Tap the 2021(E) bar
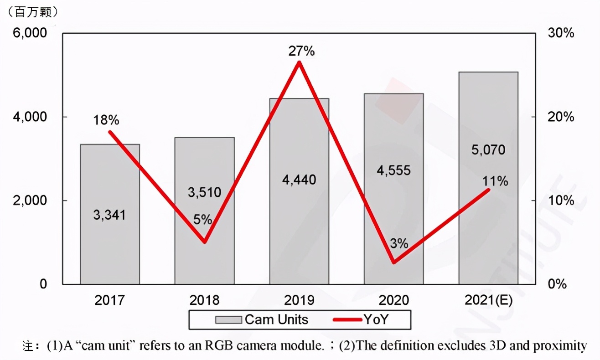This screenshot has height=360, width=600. click(488, 228)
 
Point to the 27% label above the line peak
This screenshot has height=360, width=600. click(301, 51)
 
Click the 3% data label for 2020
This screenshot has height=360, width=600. click(399, 243)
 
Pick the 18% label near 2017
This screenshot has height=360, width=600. click(106, 120)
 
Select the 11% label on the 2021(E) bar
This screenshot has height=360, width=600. click(495, 181)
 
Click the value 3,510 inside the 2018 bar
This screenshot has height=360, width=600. click(204, 192)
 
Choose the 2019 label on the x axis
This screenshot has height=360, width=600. click(299, 300)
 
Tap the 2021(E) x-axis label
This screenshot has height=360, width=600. click(488, 300)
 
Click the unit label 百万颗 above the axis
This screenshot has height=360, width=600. click(31, 12)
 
